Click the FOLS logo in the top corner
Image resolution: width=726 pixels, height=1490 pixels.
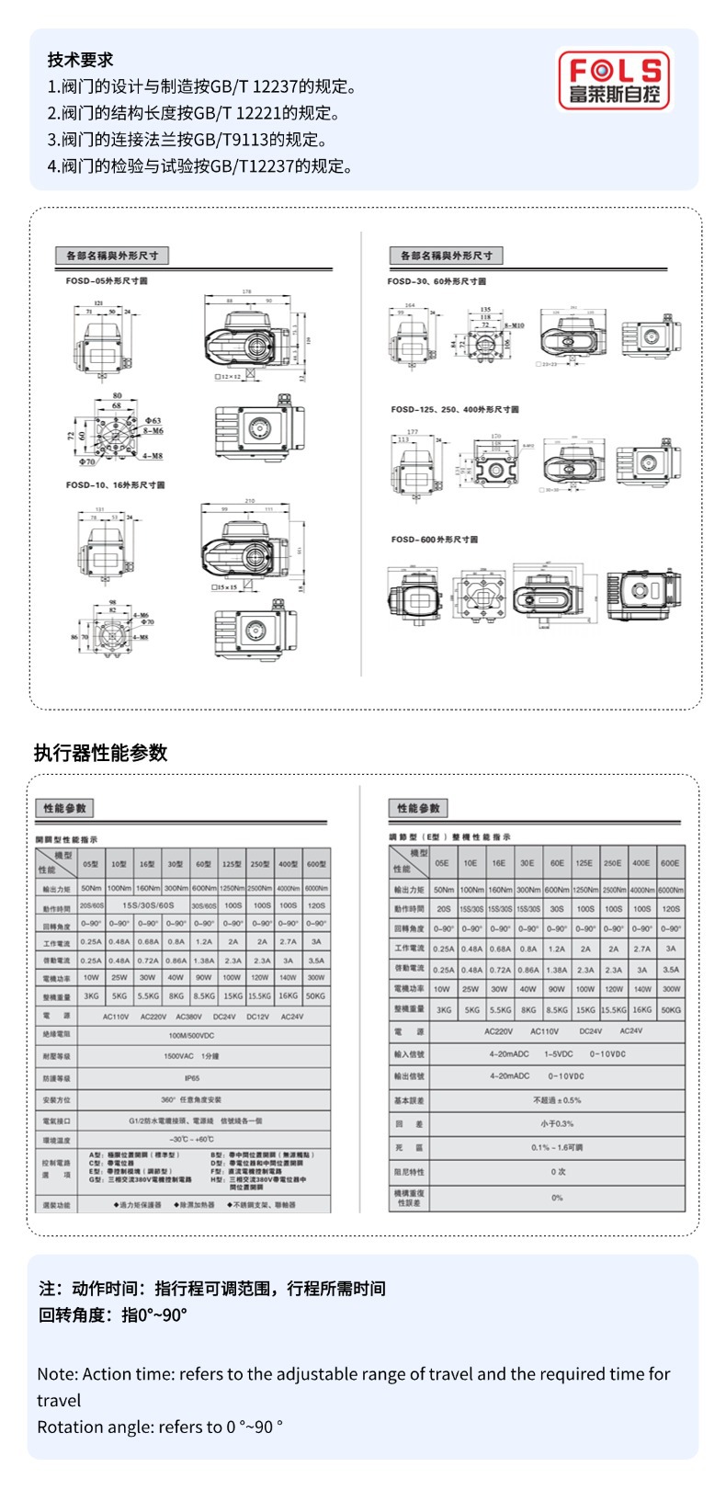(x=615, y=80)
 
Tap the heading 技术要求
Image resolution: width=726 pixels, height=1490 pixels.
(x=80, y=60)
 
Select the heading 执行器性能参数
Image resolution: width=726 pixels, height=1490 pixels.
(x=100, y=753)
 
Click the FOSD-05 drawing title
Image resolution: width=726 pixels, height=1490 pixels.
(x=107, y=280)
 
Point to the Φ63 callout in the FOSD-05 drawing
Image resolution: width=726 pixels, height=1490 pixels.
(x=152, y=420)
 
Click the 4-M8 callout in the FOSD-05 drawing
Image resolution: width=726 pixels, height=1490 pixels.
(x=153, y=454)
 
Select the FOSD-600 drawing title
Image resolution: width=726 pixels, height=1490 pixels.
(x=435, y=540)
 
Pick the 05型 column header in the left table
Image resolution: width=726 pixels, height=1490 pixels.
(x=91, y=864)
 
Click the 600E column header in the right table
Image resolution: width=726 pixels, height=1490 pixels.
(x=670, y=863)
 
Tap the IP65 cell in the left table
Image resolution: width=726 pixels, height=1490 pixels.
(x=192, y=1078)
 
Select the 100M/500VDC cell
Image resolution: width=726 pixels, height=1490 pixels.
(x=191, y=1035)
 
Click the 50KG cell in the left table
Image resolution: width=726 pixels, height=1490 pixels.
(x=315, y=995)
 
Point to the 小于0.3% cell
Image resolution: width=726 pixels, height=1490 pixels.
(x=557, y=1123)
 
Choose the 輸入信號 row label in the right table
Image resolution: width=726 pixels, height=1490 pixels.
(x=408, y=1053)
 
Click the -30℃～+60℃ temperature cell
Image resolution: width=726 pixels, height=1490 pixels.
(x=192, y=1140)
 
